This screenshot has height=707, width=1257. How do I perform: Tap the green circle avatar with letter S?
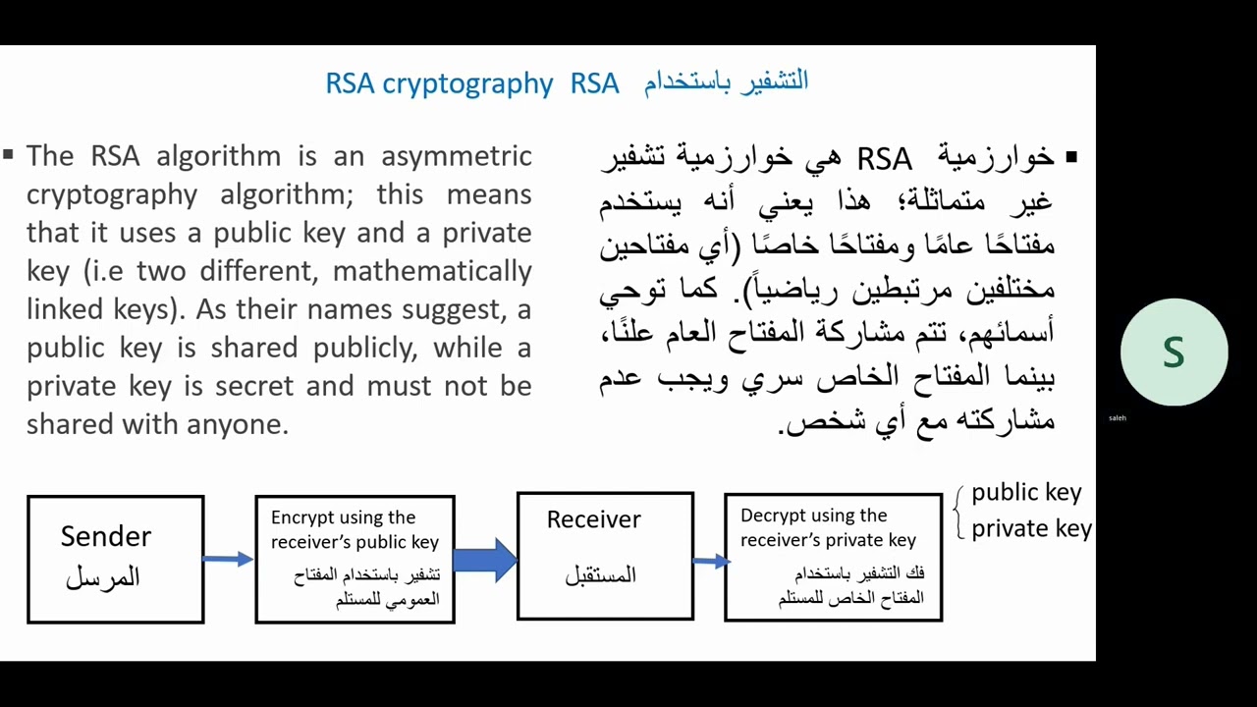point(1174,353)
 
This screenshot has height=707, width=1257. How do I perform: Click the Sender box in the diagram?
point(116,559)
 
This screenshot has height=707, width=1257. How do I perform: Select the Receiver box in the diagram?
point(605,556)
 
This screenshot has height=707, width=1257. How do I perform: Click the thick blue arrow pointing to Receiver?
point(485,560)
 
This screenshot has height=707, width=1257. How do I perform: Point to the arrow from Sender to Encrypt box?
point(229,559)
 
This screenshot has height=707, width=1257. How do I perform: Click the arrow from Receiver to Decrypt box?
point(710,561)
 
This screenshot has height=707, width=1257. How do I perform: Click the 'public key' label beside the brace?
point(1026,493)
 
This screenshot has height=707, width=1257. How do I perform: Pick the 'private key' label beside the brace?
point(1031,528)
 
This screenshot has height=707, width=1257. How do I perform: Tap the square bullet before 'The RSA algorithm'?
point(9,154)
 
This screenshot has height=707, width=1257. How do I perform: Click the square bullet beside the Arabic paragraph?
point(1070,157)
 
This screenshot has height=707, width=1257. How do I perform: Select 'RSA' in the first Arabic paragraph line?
point(884,159)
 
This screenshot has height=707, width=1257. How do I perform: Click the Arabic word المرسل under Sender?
point(103,577)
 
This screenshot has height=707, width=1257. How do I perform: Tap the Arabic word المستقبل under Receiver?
point(600,575)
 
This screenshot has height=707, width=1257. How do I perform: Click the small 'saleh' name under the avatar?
point(1118,418)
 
